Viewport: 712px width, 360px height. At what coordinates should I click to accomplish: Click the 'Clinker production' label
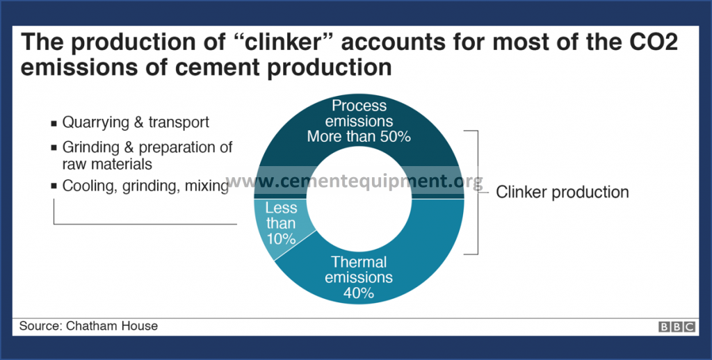pyautogui.click(x=562, y=192)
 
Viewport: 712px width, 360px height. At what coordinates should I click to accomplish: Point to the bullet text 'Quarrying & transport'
pyautogui.click(x=136, y=123)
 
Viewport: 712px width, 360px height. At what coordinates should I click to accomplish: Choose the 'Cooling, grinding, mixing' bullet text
pyautogui.click(x=145, y=186)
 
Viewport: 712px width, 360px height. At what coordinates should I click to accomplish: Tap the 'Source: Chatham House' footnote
pyautogui.click(x=88, y=326)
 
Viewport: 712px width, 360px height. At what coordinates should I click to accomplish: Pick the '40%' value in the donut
pyautogui.click(x=359, y=293)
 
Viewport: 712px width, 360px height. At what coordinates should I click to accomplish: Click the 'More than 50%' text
pyautogui.click(x=359, y=136)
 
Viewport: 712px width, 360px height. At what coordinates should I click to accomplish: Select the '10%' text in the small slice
pyautogui.click(x=281, y=238)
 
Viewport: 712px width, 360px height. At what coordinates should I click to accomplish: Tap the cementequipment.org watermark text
pyautogui.click(x=355, y=182)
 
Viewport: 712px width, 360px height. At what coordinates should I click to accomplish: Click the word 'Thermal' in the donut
pyautogui.click(x=359, y=263)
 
